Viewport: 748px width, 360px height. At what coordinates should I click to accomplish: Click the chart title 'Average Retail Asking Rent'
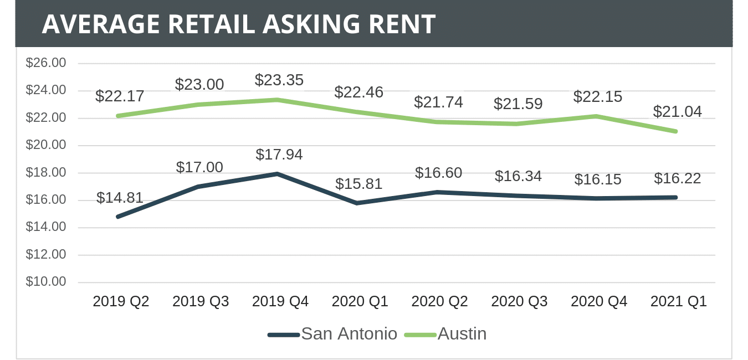pos(238,24)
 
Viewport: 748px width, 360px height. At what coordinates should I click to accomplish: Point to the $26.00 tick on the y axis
pos(46,63)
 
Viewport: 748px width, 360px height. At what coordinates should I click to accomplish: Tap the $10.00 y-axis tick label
pos(46,281)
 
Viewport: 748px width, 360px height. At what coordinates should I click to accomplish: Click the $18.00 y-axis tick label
pos(46,172)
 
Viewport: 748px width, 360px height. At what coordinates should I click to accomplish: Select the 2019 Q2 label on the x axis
pos(121,302)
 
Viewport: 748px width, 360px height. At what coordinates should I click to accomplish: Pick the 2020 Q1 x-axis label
pos(360,302)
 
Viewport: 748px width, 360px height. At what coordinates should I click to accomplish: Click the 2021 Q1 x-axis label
pos(678,302)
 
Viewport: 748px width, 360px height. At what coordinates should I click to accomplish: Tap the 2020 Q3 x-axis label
pos(519,302)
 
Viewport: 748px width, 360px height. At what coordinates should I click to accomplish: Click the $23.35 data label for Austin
pos(279,80)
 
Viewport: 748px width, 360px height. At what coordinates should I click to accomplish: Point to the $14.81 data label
pos(120,198)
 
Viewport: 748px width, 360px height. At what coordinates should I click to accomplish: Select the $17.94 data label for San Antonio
pos(279,155)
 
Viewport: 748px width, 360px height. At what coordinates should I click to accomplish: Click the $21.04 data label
pos(677,112)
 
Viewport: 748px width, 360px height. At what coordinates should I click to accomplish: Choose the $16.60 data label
pos(438,173)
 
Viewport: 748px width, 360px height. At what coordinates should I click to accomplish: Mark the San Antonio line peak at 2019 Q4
pos(277,174)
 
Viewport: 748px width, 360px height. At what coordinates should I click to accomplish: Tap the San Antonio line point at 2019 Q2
pos(118,217)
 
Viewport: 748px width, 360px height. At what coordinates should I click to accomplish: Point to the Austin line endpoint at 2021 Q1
pos(675,131)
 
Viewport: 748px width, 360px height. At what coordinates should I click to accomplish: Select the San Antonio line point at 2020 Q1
pos(357,203)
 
